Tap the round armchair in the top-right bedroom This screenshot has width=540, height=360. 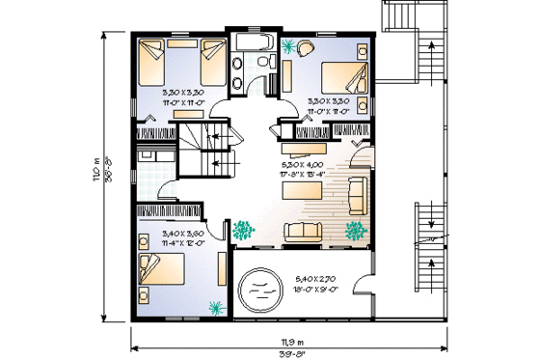tap(307, 46)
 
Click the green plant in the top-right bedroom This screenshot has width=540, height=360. tap(290, 44)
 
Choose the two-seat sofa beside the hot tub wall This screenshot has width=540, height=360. tap(301, 230)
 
